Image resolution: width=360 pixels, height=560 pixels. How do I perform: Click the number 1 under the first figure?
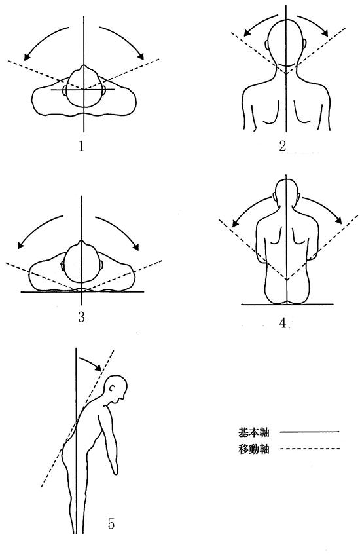coord(82,146)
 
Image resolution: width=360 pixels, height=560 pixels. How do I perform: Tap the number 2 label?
coord(283,146)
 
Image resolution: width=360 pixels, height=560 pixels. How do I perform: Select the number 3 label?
coord(82,317)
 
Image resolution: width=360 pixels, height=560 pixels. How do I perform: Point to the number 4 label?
coord(283,323)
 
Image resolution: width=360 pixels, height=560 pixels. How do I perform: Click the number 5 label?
coord(111,524)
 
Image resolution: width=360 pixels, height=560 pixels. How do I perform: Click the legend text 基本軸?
coord(253,432)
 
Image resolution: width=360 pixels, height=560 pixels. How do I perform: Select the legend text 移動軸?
coord(253,449)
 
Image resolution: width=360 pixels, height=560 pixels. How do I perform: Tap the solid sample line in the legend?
coord(310,432)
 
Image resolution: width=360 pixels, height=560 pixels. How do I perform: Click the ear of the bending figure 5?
coord(113,387)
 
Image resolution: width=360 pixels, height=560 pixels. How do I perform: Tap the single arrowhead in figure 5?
coord(98,367)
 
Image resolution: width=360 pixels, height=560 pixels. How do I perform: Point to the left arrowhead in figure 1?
coord(26,56)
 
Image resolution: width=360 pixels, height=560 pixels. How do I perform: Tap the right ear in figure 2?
coord(304,45)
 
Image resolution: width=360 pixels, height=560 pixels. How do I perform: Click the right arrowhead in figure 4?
coord(338,219)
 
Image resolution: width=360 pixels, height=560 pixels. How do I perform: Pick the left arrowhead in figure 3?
coord(21,245)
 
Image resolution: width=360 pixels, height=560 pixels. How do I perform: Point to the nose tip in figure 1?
coord(84,66)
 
